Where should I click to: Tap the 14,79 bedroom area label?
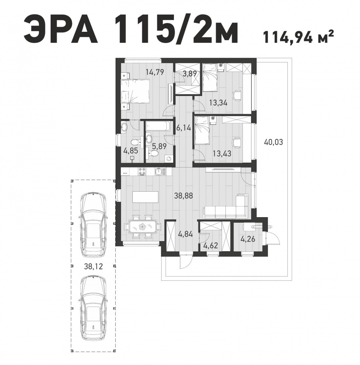(155, 72)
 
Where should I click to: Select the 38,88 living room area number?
(184, 196)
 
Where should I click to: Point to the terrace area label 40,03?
(274, 142)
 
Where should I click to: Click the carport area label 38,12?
(93, 266)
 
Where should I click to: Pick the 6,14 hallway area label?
(184, 127)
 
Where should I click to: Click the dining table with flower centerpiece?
(142, 227)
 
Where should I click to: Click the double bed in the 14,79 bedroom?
(135, 91)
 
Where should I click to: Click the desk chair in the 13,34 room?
(237, 95)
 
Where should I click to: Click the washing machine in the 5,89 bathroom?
(169, 158)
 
